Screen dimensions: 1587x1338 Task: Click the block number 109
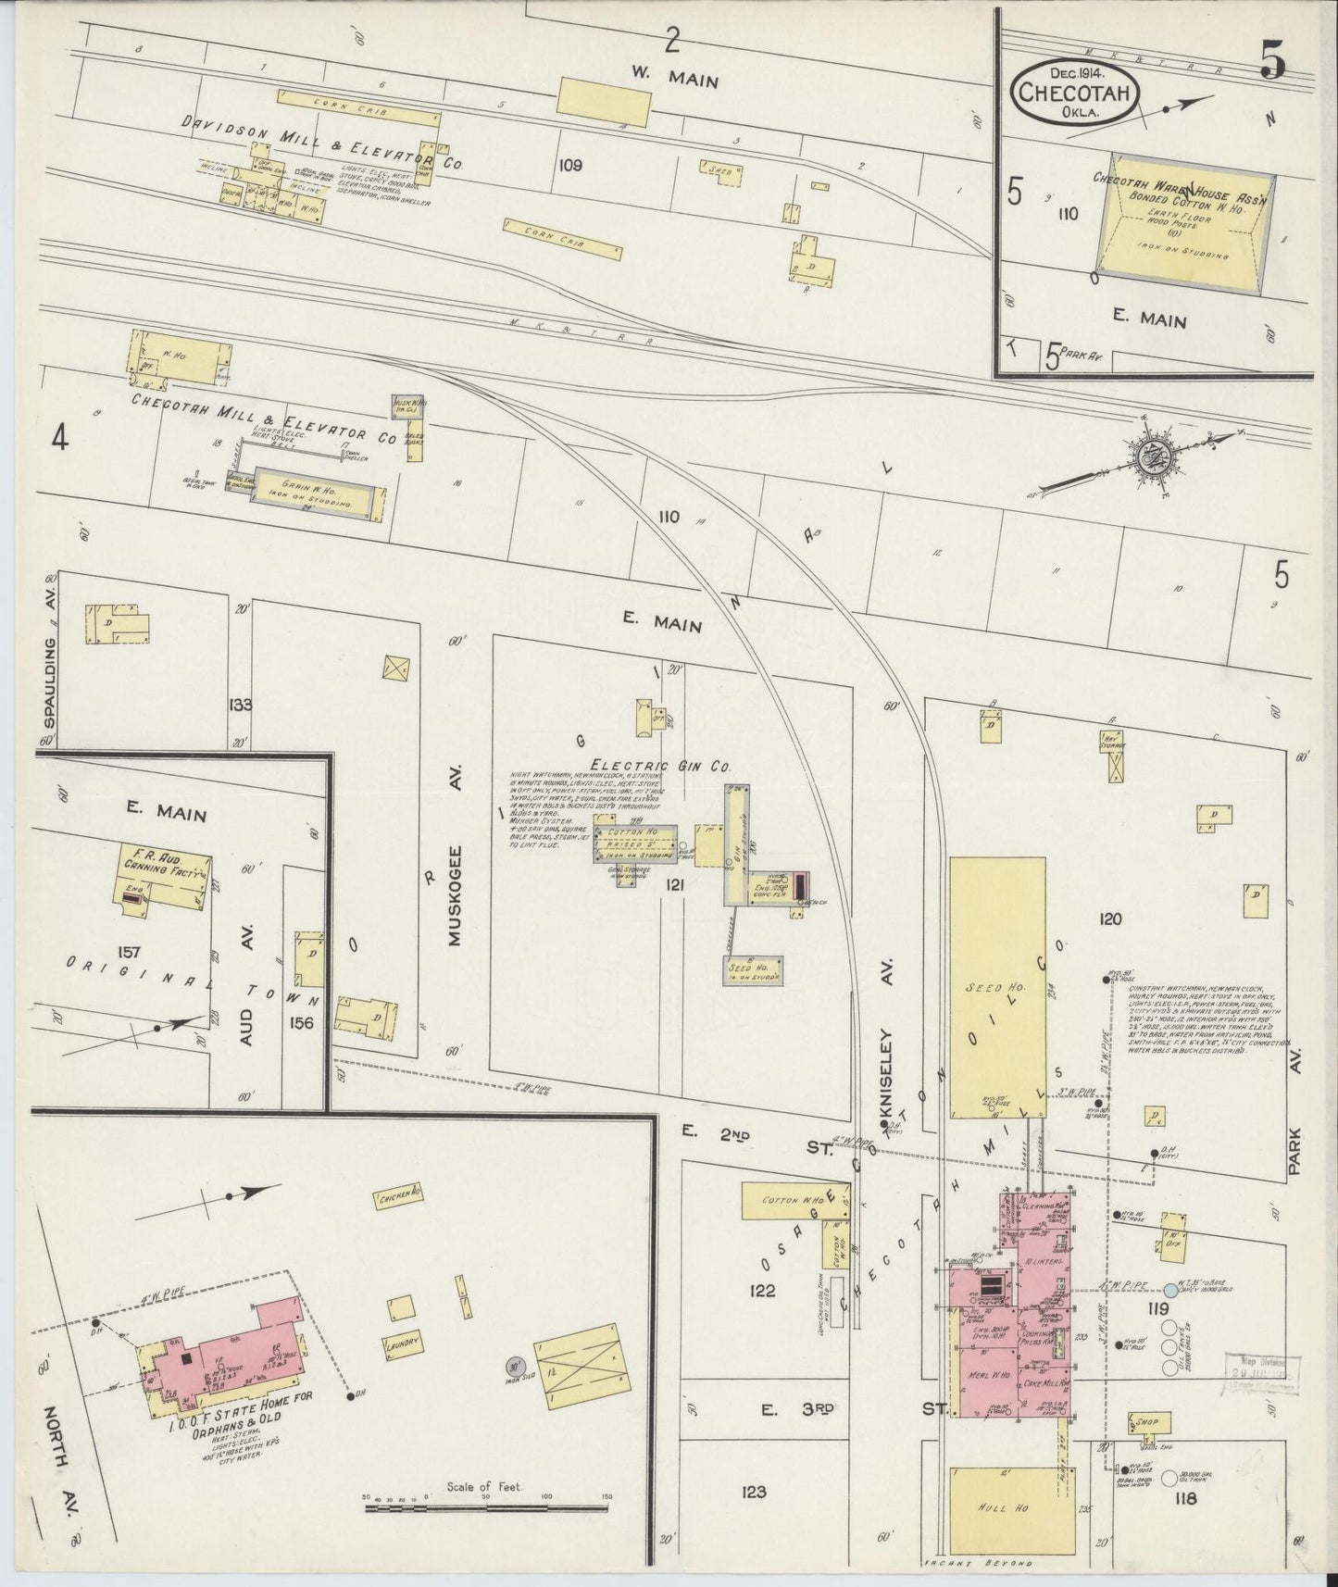coord(570,166)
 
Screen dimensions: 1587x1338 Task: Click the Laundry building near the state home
coord(406,1341)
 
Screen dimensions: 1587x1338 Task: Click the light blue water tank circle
coord(1170,1289)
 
